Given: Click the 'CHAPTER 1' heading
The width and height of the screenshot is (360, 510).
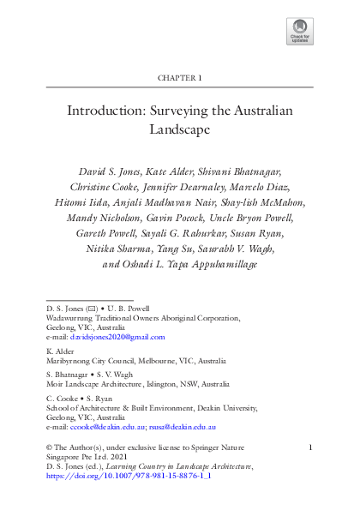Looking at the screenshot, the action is click(180, 78).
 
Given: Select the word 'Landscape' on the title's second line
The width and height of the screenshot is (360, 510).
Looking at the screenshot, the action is click(180, 131).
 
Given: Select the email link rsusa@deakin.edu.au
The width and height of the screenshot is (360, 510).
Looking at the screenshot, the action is click(183, 426).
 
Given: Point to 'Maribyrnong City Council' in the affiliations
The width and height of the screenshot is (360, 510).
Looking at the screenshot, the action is click(83, 361).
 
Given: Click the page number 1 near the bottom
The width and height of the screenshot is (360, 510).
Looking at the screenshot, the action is click(310, 447).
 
